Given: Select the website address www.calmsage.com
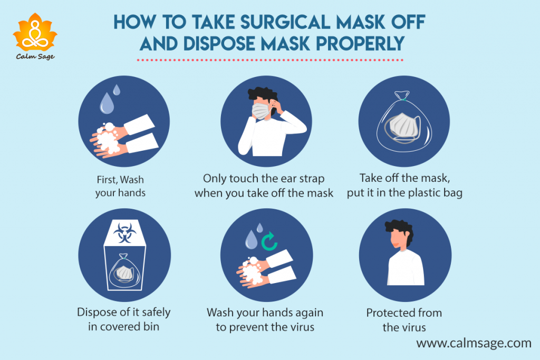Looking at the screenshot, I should [474, 343].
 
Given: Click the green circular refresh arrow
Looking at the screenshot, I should [270, 242].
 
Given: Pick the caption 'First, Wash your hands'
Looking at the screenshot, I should [120, 185].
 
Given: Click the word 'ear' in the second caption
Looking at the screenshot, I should [276, 178].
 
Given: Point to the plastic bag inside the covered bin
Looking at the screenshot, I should [124, 270].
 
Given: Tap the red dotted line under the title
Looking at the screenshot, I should [269, 60].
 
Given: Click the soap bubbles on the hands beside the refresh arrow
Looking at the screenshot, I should [252, 268].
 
